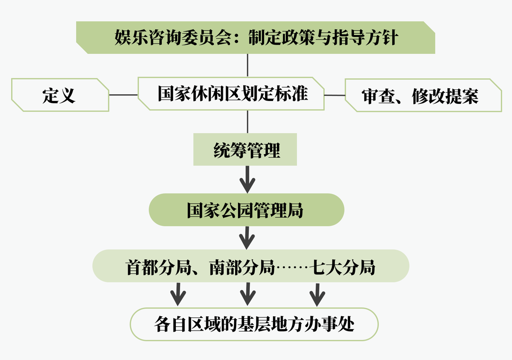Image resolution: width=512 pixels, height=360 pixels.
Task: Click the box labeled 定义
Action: pos(59,95)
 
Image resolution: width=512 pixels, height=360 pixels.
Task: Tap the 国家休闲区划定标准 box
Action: pos(232,94)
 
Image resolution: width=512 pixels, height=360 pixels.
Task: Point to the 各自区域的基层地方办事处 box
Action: pos(254,324)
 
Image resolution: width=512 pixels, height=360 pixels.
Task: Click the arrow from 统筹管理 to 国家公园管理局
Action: pos(247,179)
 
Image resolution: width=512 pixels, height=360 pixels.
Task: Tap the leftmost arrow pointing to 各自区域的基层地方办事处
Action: pos(178,295)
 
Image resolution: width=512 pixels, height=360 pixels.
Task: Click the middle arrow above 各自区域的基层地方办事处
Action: pos(247,295)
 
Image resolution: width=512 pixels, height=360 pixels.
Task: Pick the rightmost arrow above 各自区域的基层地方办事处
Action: pos(317,295)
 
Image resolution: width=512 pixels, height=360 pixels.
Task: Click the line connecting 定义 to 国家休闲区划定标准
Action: pos(123,95)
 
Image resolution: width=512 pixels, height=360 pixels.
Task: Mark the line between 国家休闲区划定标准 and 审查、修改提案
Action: pos(335,95)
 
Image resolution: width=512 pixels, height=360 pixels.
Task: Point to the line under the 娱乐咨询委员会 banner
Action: pos(247,65)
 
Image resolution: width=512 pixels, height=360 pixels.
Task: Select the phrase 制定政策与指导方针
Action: pos(322,37)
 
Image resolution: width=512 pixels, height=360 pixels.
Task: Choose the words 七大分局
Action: pos(344,268)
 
